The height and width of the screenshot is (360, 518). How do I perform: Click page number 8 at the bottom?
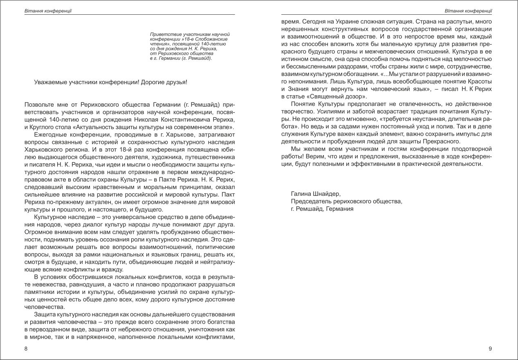point(26,349)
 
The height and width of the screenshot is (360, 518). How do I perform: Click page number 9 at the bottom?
point(490,349)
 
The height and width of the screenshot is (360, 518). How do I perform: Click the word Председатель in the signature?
point(312,201)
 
